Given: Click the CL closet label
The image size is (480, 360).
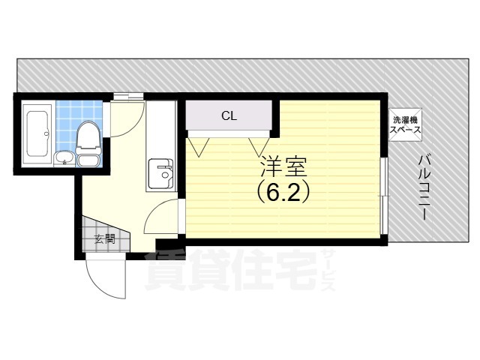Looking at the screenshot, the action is point(229,116).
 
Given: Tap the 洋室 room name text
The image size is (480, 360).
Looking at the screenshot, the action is point(283,166).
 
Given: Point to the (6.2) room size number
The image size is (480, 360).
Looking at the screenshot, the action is point(283,193).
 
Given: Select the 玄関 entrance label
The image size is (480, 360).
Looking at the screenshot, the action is point(105,238).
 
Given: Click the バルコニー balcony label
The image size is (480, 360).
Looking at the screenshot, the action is point(424,187).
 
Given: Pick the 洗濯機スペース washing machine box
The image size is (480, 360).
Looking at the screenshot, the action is point(405,125).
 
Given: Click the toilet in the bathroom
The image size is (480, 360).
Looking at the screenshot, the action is point(88,144).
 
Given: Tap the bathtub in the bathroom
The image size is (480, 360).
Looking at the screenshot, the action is point(38,133).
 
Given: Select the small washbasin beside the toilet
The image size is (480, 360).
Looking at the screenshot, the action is point(64,159).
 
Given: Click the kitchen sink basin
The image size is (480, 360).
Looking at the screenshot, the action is point(160,173).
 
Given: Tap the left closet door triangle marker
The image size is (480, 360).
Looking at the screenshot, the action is point(199,147).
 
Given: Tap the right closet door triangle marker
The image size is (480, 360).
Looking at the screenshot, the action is point(259,147).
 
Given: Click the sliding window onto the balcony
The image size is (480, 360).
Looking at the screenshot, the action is point(384,196).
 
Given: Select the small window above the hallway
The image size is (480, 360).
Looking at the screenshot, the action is point(128,96).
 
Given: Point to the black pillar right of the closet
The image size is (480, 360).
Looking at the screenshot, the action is point(275,118).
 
